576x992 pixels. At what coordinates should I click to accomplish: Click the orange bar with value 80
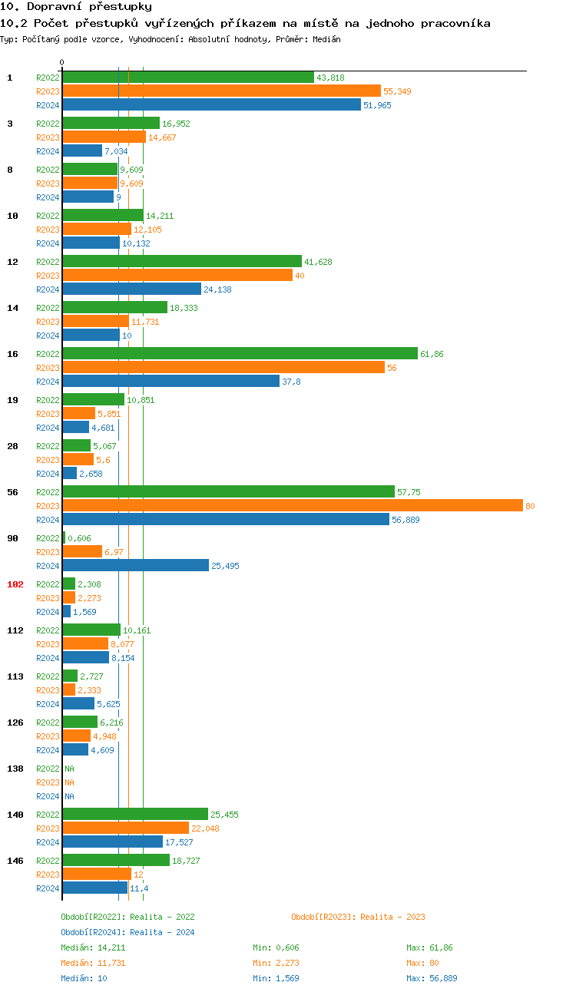[292, 506]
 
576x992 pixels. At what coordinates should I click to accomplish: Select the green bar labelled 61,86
[240, 354]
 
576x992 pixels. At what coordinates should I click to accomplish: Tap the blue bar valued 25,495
[135, 566]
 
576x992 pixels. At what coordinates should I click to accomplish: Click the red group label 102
[15, 584]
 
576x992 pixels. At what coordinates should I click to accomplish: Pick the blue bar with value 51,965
[211, 105]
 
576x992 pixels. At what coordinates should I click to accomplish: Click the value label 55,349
[397, 91]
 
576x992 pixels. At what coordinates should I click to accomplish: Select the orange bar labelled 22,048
[125, 828]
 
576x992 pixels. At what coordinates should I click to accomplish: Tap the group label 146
[15, 861]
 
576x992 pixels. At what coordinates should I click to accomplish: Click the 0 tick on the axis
[62, 62]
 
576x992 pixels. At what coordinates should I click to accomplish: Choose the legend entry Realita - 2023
[358, 917]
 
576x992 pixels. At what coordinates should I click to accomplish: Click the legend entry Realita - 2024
[127, 932]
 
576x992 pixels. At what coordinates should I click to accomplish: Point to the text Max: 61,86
[429, 947]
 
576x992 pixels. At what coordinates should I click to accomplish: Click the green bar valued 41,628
[182, 262]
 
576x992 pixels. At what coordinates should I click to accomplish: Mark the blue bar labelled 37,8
[170, 382]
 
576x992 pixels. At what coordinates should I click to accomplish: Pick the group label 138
[15, 769]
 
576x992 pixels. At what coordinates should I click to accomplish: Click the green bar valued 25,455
[135, 815]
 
